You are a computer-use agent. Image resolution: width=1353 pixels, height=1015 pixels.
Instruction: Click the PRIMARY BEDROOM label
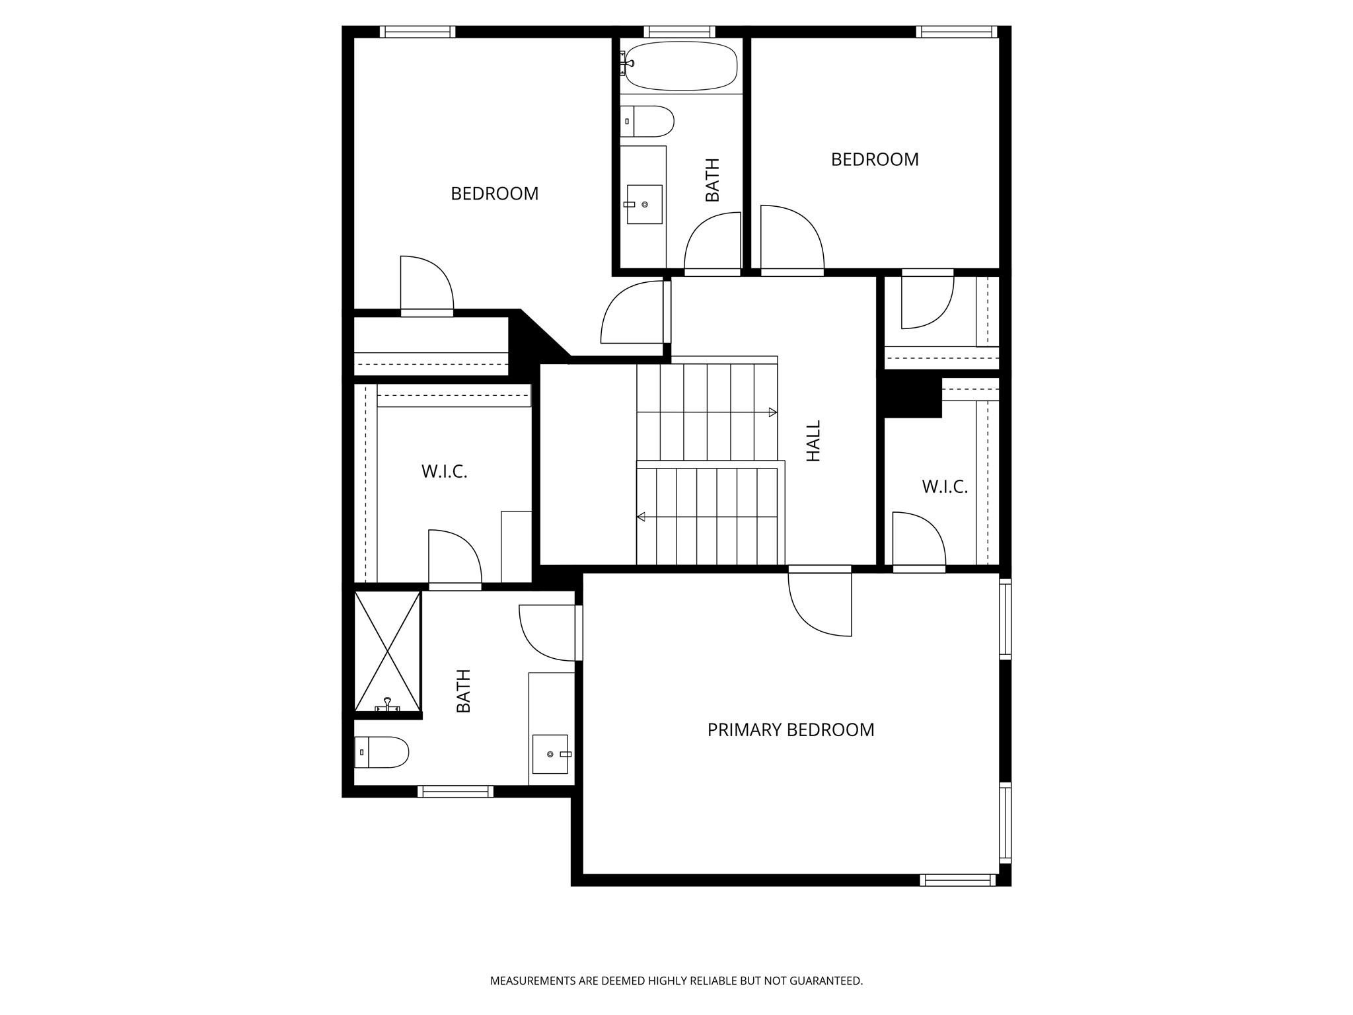tap(790, 730)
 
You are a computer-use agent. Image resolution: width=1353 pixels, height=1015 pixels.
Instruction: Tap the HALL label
tap(813, 441)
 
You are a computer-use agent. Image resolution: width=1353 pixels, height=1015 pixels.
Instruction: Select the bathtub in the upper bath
tap(680, 65)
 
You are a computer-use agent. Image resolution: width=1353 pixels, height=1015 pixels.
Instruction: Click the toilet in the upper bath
tap(648, 122)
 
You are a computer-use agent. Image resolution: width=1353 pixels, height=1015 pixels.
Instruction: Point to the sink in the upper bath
tap(644, 204)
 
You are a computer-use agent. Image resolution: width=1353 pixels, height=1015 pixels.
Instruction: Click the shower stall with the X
tap(388, 651)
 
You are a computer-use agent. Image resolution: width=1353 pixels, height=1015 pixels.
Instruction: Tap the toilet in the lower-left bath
tap(383, 752)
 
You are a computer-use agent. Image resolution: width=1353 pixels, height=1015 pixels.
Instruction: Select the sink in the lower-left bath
tap(550, 754)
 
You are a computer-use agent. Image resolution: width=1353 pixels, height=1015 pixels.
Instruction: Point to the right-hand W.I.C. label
tap(944, 487)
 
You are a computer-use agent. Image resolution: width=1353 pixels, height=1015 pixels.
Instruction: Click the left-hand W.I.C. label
tap(444, 472)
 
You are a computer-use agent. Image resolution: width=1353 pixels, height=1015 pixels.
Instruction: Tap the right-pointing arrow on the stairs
tap(772, 412)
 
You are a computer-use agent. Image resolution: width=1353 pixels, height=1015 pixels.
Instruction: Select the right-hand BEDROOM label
tap(874, 159)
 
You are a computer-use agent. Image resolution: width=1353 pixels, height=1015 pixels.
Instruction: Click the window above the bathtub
tap(679, 31)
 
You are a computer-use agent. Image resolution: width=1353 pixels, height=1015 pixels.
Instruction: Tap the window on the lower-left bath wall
tap(455, 791)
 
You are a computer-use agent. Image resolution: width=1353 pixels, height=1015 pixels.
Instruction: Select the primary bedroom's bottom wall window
tap(957, 880)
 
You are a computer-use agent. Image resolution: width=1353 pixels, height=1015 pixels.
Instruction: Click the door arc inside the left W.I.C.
tap(455, 557)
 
